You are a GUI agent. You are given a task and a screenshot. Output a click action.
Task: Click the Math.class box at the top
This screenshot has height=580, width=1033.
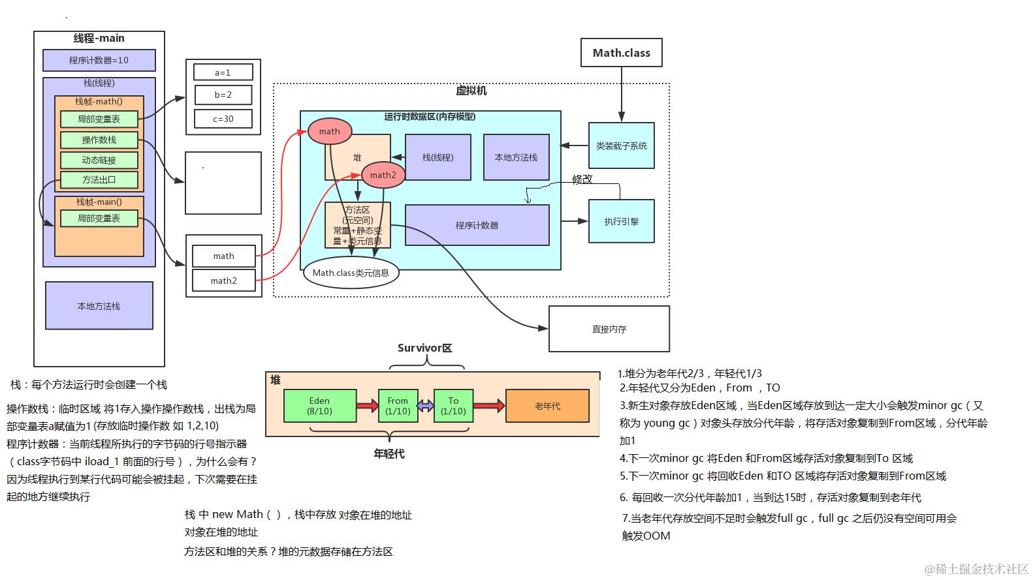(621, 53)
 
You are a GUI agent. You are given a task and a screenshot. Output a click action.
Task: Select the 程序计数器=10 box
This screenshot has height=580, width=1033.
(99, 60)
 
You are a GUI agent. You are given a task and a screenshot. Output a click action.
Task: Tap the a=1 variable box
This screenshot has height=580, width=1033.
(223, 72)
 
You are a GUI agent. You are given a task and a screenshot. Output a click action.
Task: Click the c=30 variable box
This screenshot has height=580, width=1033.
(223, 119)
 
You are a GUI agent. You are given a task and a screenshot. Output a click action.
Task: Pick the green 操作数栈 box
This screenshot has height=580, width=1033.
(99, 140)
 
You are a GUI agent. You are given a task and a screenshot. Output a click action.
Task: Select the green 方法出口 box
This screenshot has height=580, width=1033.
(99, 179)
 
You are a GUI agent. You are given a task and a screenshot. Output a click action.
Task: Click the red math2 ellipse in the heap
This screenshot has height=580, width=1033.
(383, 175)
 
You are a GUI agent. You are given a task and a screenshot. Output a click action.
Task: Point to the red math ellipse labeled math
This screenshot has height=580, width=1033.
(330, 131)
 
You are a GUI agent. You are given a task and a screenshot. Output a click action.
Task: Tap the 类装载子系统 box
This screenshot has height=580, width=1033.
(621, 145)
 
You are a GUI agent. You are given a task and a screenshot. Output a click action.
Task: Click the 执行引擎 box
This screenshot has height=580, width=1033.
(621, 221)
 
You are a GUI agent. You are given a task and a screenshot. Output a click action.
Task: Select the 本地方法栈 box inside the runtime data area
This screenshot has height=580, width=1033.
(516, 157)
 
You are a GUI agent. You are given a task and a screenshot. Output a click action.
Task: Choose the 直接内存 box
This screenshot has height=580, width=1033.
(609, 329)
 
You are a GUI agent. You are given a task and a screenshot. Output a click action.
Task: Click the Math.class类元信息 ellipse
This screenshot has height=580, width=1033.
(351, 273)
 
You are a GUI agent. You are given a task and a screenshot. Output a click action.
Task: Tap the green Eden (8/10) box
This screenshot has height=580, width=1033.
(320, 406)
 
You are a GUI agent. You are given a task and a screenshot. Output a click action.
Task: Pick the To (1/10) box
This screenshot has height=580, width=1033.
(453, 406)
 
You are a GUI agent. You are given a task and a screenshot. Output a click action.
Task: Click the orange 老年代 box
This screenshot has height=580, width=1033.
(547, 406)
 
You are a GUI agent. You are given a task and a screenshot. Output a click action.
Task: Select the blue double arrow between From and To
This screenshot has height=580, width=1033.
(425, 406)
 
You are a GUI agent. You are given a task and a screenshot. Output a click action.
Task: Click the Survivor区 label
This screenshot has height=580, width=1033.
(424, 348)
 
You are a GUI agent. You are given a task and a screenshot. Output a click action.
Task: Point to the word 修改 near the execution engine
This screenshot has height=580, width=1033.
(582, 179)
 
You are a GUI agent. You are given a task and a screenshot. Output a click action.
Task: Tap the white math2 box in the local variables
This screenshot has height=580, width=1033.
(223, 281)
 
